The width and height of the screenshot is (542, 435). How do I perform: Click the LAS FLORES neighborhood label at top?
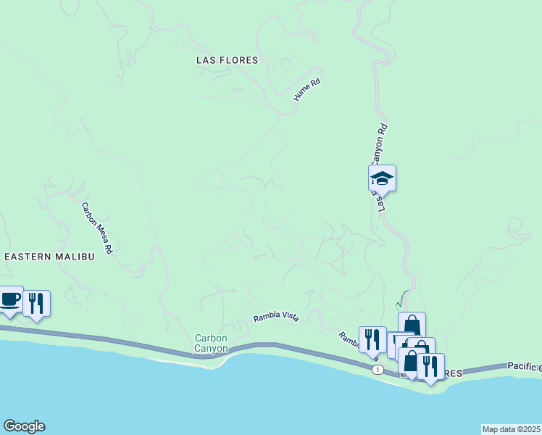pos(227,60)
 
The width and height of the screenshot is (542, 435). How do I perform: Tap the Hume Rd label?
pos(306,90)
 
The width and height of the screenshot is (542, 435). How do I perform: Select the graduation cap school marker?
pos(382,178)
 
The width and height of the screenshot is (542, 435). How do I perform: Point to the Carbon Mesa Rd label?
pos(97,227)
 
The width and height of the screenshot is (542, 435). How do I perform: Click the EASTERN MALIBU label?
pos(50,257)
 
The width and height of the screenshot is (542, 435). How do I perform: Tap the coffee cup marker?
pos(10,300)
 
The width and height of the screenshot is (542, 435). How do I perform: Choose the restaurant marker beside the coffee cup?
pos(36,303)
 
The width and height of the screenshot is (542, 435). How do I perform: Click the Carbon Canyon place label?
pos(212,343)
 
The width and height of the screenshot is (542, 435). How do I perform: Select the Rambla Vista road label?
pos(275,318)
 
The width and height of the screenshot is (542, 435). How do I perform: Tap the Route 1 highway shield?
pos(378,370)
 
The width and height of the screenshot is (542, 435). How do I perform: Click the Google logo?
pos(24,426)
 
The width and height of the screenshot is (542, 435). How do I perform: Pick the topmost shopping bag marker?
pos(412,324)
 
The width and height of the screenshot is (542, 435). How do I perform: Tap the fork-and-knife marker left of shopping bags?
pos(372,339)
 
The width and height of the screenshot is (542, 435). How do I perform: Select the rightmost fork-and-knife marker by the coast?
pos(430,366)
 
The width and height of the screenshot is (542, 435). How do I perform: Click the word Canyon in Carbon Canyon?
pos(212,349)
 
